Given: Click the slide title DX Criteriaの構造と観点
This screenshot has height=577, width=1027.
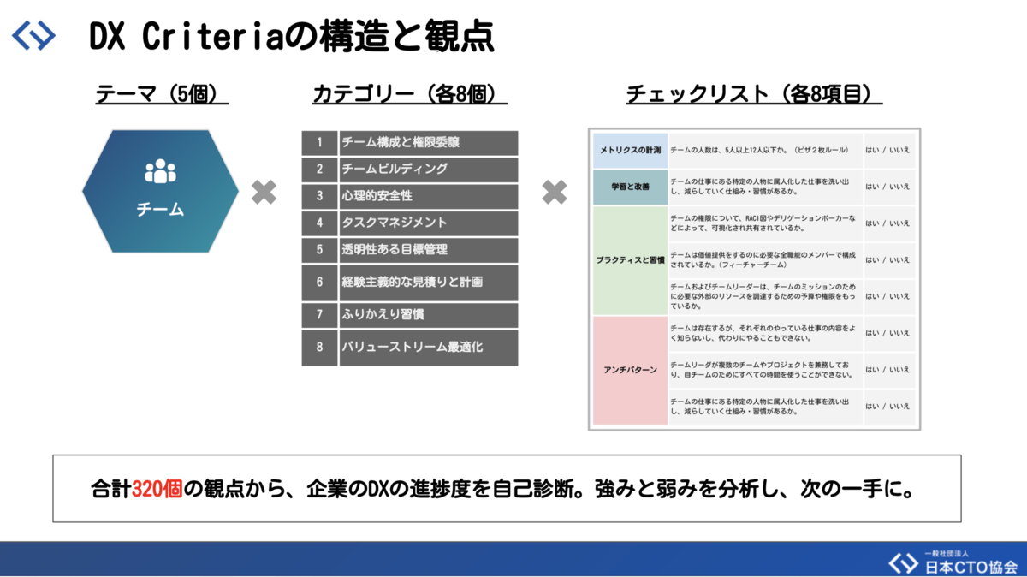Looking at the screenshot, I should coord(291,37).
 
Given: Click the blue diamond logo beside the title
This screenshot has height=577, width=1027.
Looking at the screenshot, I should coord(34,36).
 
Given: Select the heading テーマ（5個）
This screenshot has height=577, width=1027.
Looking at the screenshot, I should coord(162,93).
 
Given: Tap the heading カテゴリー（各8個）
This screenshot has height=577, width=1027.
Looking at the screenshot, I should coord(410,93).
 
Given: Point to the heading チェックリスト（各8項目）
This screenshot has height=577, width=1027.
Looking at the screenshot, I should coord(754,93).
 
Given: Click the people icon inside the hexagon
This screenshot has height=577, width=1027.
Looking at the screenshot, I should coord(160,172).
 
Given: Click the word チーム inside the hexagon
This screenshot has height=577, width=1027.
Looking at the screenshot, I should coord(160,209).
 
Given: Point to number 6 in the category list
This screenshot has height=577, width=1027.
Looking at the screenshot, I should coord(319,282).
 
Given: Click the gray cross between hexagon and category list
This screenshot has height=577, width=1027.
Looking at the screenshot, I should coord(264,193).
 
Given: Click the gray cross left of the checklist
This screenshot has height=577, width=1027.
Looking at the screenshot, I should coord(555,193).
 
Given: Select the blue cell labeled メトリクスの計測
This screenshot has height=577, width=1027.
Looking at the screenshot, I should coord(629,151).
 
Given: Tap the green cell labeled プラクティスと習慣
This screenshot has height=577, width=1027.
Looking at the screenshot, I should coord(629,259).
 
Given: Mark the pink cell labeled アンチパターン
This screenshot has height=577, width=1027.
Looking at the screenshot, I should coord(629,370).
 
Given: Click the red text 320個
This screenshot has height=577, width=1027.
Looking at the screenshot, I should coord(157,490).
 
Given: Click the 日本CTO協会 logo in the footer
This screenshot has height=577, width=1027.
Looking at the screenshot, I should coord(950,562).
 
